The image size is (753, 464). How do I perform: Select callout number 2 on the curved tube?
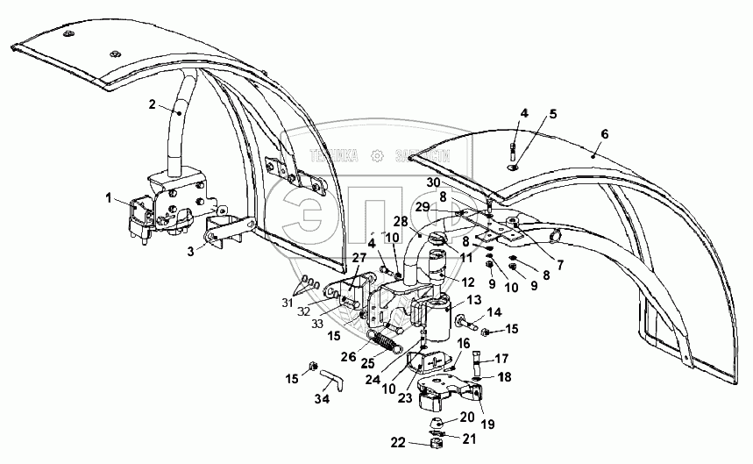click(x=152, y=105)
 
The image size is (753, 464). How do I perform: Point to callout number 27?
click(x=359, y=257)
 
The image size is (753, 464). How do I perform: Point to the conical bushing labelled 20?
click(x=437, y=424)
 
